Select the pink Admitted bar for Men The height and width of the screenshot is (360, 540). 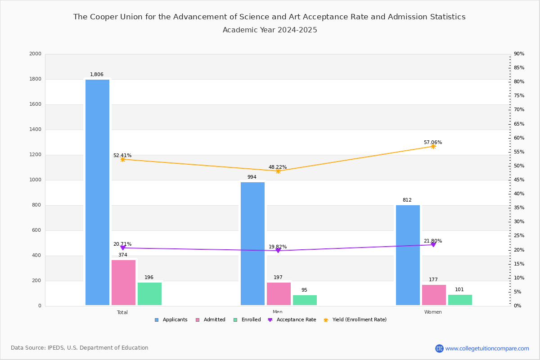(x=279, y=294)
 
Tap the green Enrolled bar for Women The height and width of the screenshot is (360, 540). (x=460, y=300)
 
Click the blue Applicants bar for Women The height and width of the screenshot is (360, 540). (x=408, y=255)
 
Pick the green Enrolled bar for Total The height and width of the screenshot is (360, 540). (x=149, y=294)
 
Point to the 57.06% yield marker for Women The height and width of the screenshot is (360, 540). (x=433, y=146)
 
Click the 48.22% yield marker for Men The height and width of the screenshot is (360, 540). (x=278, y=171)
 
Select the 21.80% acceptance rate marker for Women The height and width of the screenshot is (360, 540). (x=433, y=244)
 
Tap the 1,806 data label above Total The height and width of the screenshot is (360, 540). (x=97, y=75)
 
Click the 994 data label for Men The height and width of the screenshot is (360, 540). (x=252, y=177)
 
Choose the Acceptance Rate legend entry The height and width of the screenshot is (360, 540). (x=292, y=320)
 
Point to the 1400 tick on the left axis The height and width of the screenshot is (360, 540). (x=36, y=130)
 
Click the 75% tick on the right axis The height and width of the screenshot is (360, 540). (x=519, y=96)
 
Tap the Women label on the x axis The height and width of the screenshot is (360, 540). (x=433, y=312)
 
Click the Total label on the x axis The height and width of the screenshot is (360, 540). (x=122, y=312)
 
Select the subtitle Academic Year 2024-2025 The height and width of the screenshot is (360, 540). (x=270, y=30)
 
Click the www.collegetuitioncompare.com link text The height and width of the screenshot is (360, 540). (x=487, y=348)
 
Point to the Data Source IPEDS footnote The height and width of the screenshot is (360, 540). (x=80, y=348)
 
